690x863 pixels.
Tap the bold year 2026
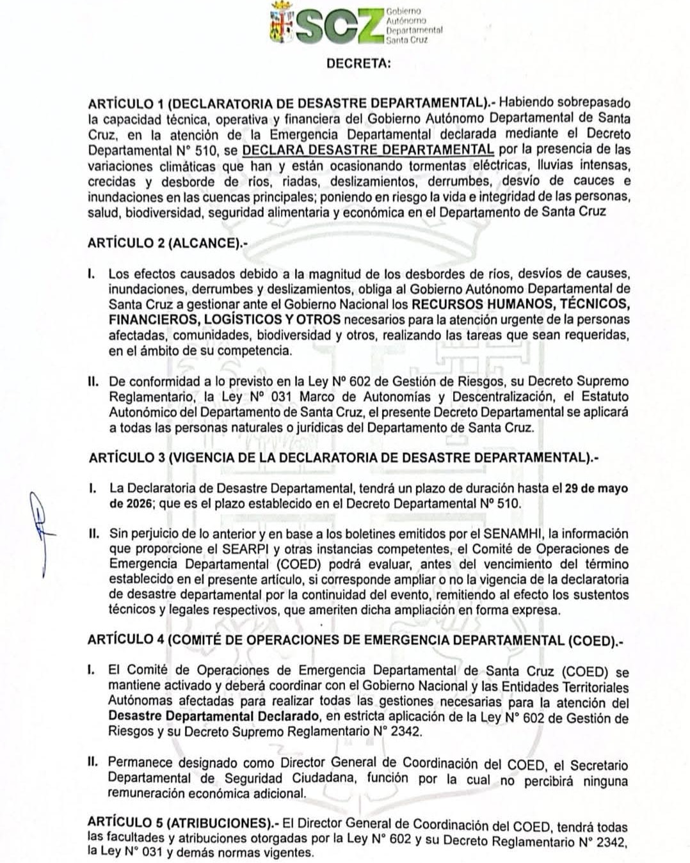tap(131, 503)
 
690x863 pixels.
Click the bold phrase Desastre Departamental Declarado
tap(214, 716)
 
